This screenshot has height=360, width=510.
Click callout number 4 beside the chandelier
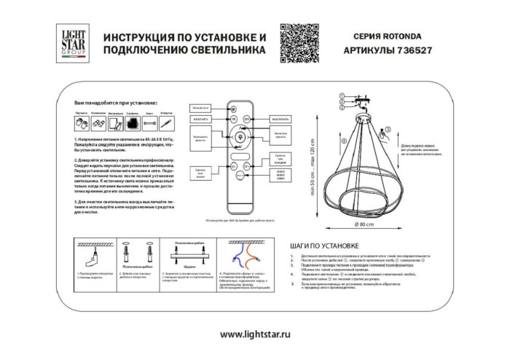(342, 141)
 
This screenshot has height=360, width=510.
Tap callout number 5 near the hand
(388, 128)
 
